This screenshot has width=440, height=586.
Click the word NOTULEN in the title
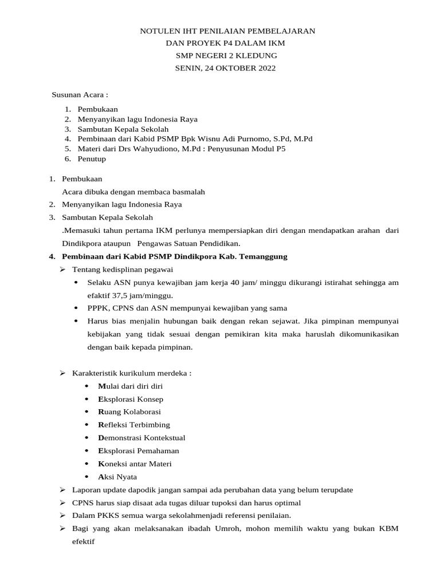point(159,31)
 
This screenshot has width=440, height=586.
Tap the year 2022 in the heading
point(263,68)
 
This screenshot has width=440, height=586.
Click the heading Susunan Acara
point(80,94)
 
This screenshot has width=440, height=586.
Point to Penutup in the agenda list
point(92,159)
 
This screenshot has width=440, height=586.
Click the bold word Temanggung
point(265,256)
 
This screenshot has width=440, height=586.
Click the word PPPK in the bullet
point(97,308)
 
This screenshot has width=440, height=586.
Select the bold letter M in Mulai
point(101,386)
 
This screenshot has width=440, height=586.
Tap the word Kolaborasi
point(139,412)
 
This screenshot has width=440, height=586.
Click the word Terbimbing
point(150,425)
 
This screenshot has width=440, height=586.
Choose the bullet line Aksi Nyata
point(117,477)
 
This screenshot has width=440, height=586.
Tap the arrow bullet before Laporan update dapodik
point(63,490)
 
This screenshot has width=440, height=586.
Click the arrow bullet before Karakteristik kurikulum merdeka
point(63,373)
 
